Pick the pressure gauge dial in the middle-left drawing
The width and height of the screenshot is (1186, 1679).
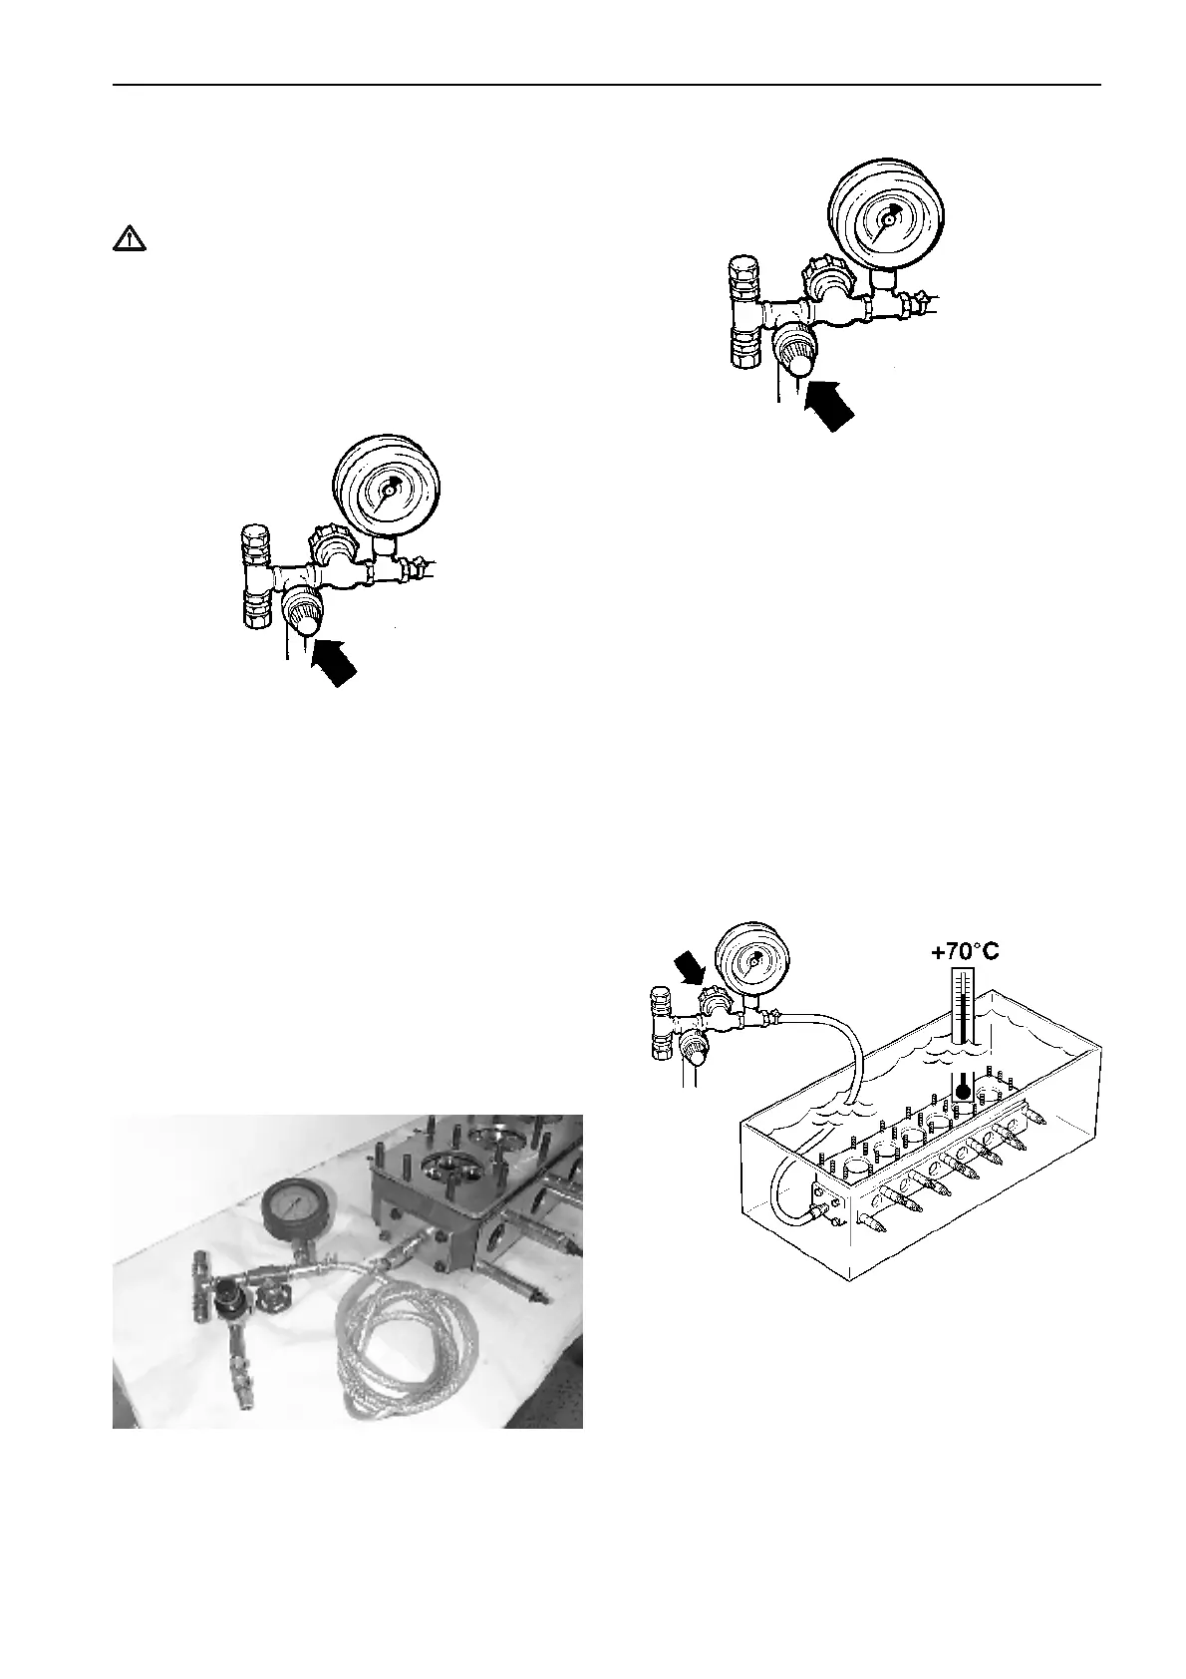390,490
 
